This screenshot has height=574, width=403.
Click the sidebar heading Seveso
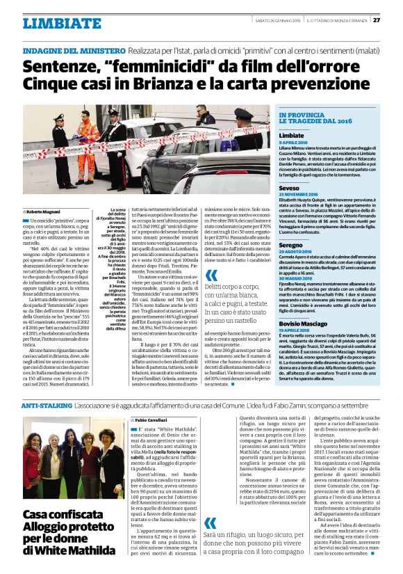pyautogui.click(x=289, y=188)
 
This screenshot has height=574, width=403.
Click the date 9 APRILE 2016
pyautogui.click(x=295, y=142)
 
